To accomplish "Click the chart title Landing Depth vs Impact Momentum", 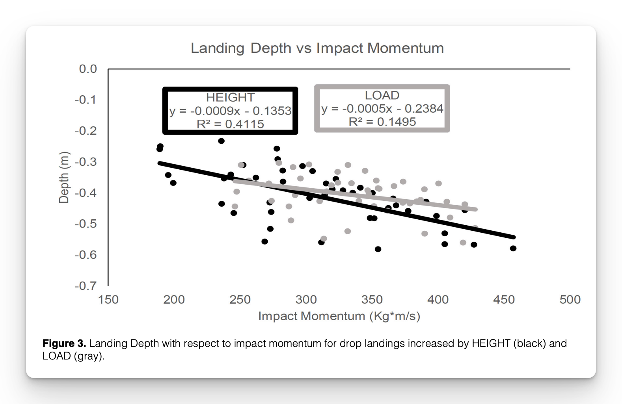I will pos(317,48).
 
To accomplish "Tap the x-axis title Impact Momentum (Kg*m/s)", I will pos(339,316).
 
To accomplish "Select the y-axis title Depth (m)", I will pos(64,177).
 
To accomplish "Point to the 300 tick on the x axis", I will pos(306,300).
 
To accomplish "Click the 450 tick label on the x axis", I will pos(504,300).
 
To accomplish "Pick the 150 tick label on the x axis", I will pos(108,300).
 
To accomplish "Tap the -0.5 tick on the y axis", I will pos(86,224).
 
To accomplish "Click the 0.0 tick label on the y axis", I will pos(88,69).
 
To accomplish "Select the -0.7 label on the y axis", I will pos(86,285).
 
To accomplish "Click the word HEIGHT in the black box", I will pos(230,97).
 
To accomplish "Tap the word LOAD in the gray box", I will pos(382,95).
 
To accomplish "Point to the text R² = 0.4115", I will pos(230,124).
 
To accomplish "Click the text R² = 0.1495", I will pos(382,122).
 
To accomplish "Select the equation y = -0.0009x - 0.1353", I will pos(230,111).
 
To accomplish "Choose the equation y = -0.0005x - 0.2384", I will pos(382,109).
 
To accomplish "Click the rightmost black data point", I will pos(513,248).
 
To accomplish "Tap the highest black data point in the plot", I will pos(221,141).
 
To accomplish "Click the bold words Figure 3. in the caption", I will pos(64,343).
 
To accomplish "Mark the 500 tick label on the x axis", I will pos(570,300).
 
